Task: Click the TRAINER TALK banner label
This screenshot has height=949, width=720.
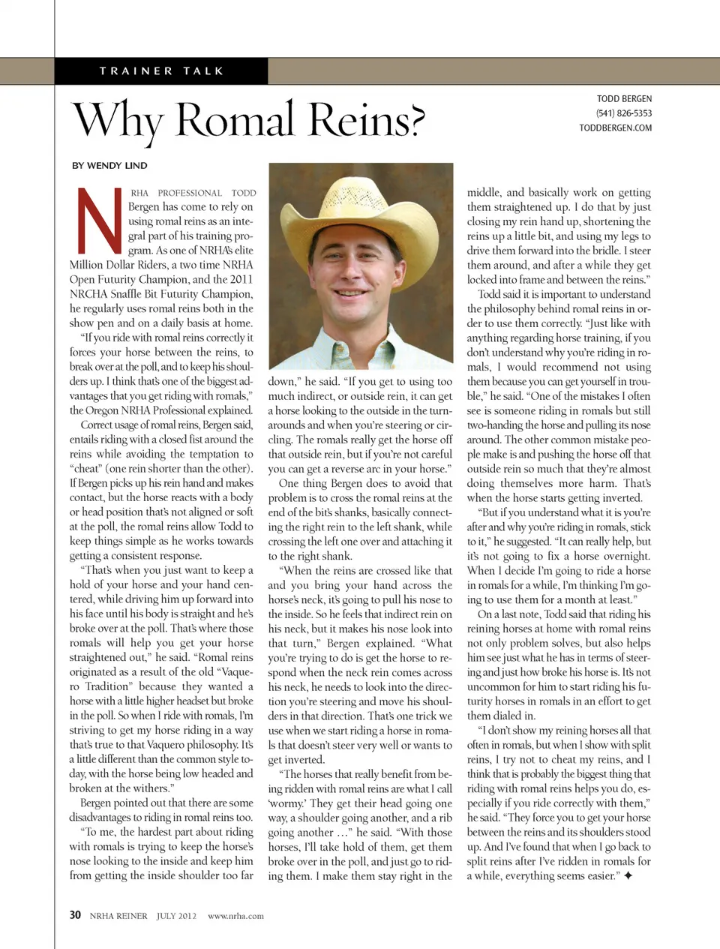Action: coord(161,71)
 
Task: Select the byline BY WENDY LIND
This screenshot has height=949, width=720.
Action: coord(109,165)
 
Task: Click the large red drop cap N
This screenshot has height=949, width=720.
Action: coord(98,221)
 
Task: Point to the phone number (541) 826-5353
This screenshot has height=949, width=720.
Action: coord(623,113)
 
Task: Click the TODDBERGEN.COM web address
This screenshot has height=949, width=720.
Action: coord(615,128)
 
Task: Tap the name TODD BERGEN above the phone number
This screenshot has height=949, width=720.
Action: coord(624,99)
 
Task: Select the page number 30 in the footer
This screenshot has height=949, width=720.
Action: coord(75,915)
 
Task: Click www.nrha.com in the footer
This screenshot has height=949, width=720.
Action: coord(235,916)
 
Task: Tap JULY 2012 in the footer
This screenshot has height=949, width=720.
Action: coord(176,916)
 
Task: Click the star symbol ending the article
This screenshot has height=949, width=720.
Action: coord(628,875)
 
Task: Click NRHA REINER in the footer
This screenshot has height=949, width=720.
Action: coord(118,916)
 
